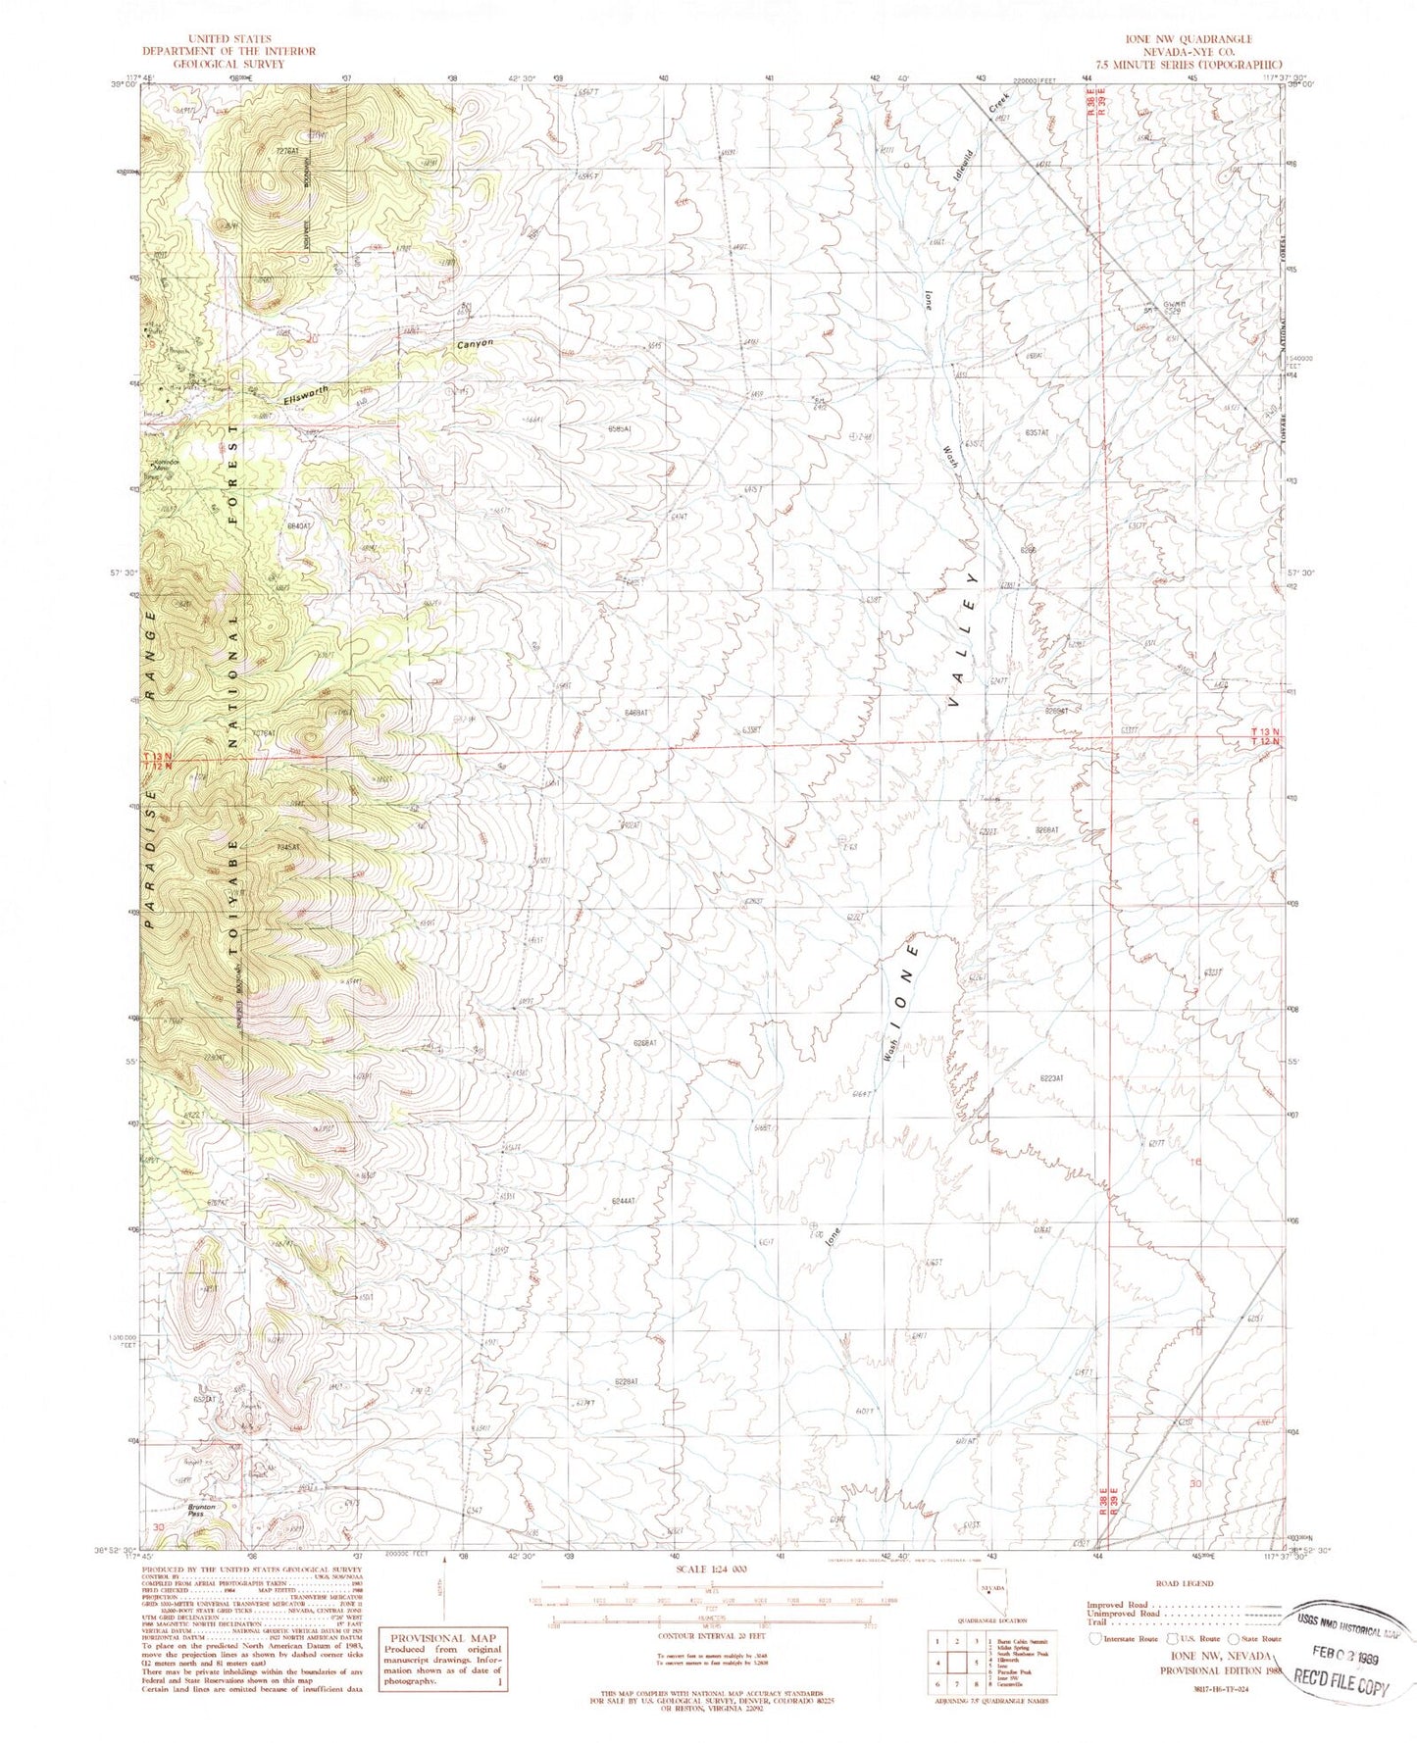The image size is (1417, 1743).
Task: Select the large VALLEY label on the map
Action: point(962,640)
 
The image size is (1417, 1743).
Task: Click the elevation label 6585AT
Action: point(625,428)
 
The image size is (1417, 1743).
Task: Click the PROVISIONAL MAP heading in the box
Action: point(443,1638)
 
